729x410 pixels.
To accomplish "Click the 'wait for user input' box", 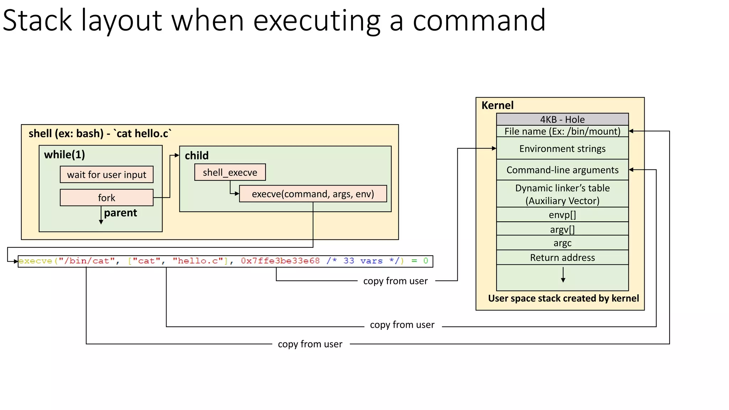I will pyautogui.click(x=106, y=174).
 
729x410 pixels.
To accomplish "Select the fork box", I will pyautogui.click(x=106, y=198).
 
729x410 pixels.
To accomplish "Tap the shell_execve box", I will pyautogui.click(x=230, y=172).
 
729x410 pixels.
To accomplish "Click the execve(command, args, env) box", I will pyautogui.click(x=313, y=194).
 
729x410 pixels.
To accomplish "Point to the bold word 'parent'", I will pyautogui.click(x=120, y=213).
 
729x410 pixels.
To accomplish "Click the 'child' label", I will pyautogui.click(x=196, y=156).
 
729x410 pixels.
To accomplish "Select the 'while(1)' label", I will pyautogui.click(x=64, y=154).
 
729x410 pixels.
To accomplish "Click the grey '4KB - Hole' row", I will pyautogui.click(x=562, y=119).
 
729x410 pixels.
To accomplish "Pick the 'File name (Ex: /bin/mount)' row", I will pyautogui.click(x=562, y=131).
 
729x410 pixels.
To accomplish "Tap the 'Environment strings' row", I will pyautogui.click(x=562, y=148).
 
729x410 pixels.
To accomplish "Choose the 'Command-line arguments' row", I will pyautogui.click(x=562, y=170).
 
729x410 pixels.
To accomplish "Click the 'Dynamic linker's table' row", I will pyautogui.click(x=562, y=194).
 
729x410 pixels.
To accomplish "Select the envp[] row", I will pyautogui.click(x=562, y=215).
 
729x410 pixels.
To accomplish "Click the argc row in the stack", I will pyautogui.click(x=562, y=243).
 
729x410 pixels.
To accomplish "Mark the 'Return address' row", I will pyautogui.click(x=562, y=257).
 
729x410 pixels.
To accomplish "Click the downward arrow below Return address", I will pyautogui.click(x=563, y=275).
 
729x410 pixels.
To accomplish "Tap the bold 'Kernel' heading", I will pyautogui.click(x=497, y=105).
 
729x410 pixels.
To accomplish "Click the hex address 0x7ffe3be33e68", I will pyautogui.click(x=280, y=261).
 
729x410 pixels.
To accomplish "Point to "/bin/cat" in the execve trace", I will pyautogui.click(x=86, y=261).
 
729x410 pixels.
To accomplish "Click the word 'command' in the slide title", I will pyautogui.click(x=479, y=20).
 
